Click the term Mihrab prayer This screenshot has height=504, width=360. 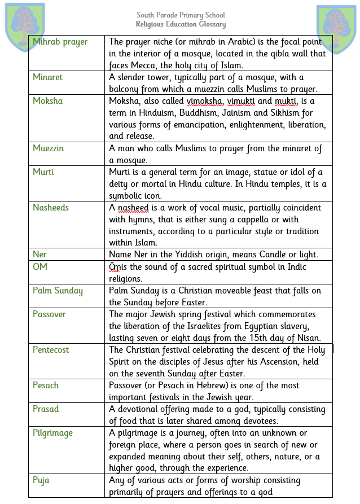tap(60, 42)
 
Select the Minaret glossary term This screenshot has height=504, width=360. tap(48, 77)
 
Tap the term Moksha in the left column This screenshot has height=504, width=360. tap(48, 101)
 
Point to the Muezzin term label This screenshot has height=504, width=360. tap(49, 148)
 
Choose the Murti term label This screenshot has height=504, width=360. tap(43, 172)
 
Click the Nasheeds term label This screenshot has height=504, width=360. tap(51, 208)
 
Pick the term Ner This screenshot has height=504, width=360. tap(39, 255)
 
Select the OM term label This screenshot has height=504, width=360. tap(40, 266)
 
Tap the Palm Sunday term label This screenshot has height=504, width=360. tap(58, 291)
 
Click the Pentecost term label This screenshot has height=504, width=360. tap(51, 350)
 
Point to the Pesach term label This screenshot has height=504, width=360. tap(46, 385)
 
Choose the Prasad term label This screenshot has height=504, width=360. tap(46, 409)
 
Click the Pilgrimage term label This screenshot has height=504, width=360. tap(52, 433)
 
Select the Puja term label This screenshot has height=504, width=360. tap(41, 480)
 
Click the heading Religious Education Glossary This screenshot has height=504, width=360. tap(181, 24)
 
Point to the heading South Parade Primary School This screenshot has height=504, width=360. tap(181, 15)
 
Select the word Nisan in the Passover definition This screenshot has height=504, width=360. tap(309, 338)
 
